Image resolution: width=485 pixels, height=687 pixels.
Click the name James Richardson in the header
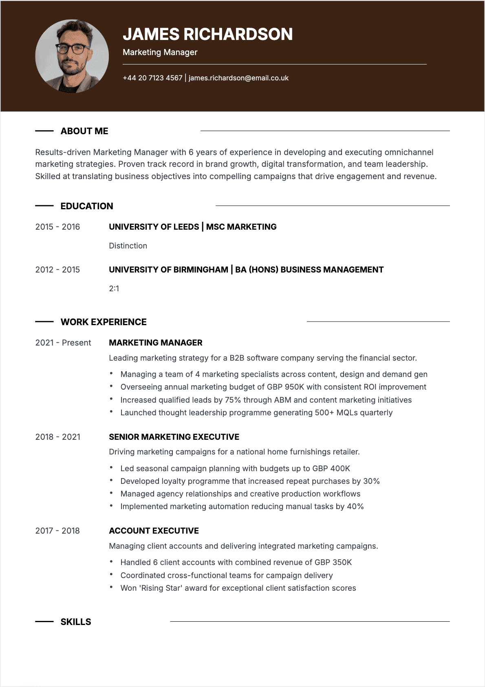(207, 34)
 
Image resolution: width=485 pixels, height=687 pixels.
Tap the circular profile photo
(72, 56)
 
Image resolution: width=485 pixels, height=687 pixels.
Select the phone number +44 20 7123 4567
(152, 78)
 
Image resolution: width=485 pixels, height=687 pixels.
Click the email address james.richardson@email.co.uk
(238, 78)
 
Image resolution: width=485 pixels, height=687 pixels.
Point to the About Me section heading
(84, 131)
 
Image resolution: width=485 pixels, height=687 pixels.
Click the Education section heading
(87, 206)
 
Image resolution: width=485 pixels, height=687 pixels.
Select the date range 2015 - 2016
(57, 227)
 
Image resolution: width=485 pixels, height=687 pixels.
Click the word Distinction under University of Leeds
(128, 246)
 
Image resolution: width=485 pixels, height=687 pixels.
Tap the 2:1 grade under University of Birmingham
(114, 288)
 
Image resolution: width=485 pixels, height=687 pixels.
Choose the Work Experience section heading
(104, 322)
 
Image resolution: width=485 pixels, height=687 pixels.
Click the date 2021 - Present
(63, 343)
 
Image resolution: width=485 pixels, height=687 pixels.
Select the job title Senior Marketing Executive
(174, 437)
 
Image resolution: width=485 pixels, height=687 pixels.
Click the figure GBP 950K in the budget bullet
(285, 387)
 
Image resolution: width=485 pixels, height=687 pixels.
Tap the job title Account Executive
(154, 531)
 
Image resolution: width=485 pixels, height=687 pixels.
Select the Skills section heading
(76, 622)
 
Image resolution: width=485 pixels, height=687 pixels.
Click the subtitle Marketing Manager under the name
(160, 52)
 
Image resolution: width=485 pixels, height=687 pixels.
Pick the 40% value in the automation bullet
(355, 506)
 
